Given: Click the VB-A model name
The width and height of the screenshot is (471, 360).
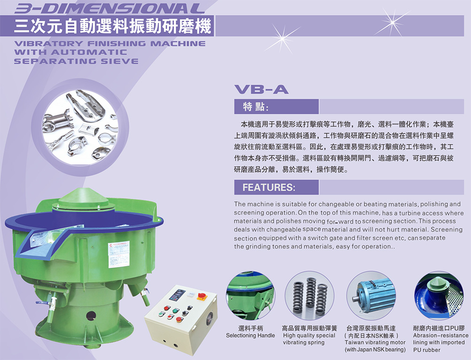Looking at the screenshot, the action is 261,89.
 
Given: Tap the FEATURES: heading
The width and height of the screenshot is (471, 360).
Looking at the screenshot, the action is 269,188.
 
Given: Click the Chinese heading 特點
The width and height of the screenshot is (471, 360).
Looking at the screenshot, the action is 255,107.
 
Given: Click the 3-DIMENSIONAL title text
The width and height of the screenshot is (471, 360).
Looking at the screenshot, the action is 110,8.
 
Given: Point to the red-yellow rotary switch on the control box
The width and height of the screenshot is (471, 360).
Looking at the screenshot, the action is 202,297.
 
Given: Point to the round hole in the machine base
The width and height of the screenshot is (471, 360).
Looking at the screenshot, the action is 91,316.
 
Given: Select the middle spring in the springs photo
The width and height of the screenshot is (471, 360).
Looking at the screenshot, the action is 311,296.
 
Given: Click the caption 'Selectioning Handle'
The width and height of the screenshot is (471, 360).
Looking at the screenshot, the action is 250,336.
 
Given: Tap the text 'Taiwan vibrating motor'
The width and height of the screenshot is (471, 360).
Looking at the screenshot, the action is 375,342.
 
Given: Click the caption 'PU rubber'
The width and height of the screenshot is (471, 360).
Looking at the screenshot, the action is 426,350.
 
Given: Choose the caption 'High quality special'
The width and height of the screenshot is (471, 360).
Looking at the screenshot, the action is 309,336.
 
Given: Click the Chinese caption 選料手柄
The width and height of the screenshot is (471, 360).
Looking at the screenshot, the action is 250,328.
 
